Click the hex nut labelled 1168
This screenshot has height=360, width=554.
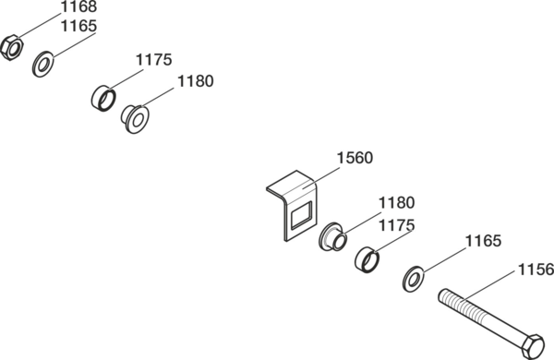[x=12, y=47]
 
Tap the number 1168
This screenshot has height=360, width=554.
[x=78, y=6]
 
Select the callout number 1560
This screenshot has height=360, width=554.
[x=355, y=158]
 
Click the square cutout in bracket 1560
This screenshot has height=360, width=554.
[x=301, y=214]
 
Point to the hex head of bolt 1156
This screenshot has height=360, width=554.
[x=533, y=345]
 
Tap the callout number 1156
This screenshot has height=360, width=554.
[x=536, y=270]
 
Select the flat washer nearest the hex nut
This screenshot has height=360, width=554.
[x=43, y=64]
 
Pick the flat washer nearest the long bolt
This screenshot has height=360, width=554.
[x=414, y=279]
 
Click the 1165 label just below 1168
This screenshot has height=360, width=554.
[x=78, y=26]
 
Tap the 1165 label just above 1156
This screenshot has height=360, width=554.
[x=483, y=241]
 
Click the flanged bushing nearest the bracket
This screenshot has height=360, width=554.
[x=332, y=236]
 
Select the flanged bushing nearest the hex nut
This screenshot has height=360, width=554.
[x=136, y=119]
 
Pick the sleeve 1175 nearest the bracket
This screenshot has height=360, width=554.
[x=367, y=260]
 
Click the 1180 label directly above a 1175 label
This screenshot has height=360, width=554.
[x=396, y=203]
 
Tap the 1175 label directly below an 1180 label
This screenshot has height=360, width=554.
[x=396, y=225]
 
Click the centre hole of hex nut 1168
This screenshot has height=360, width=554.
[x=14, y=48]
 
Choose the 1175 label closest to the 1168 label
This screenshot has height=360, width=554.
[x=153, y=59]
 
